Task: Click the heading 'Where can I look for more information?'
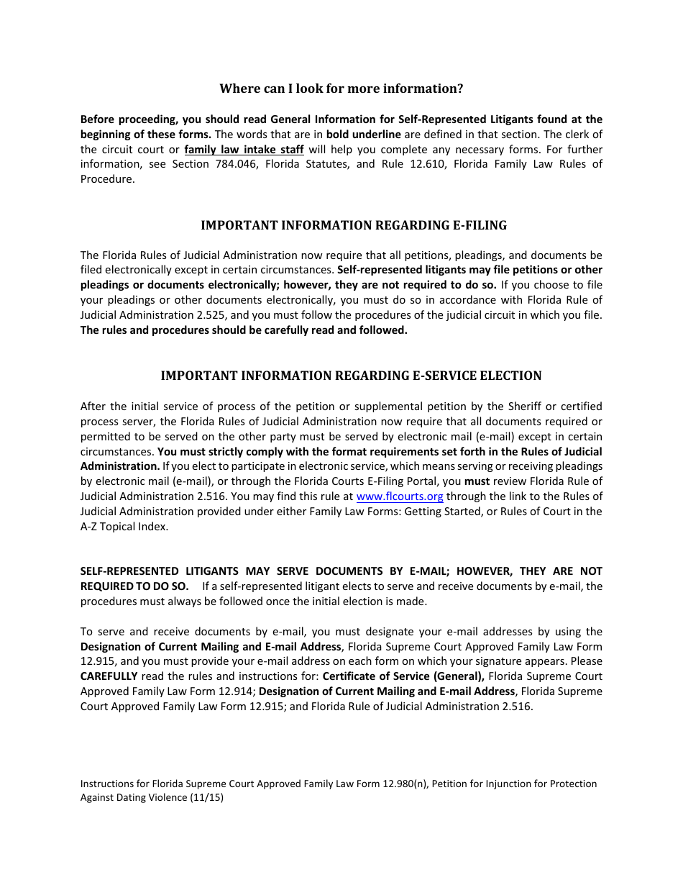(x=341, y=88)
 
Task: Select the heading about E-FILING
(x=353, y=225)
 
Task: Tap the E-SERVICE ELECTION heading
(x=351, y=376)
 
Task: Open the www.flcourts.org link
(x=400, y=496)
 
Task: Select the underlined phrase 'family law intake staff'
(x=244, y=150)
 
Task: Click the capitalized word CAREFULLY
(x=109, y=676)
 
